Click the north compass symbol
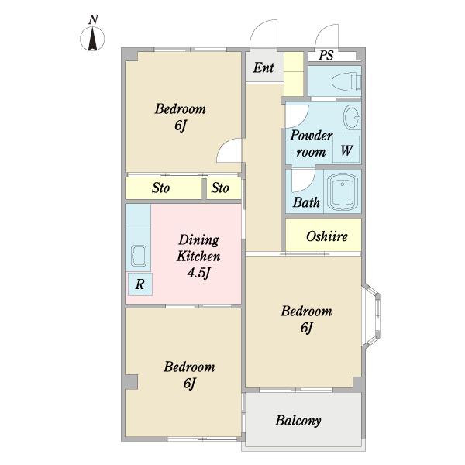coord(92,39)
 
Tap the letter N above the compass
coord(93,19)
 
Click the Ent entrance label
coord(263,67)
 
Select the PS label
coord(326,55)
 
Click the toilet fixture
coord(346,81)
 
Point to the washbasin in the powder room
coord(352,118)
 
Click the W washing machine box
coord(346,150)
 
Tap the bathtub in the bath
coord(343,191)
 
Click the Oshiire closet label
coord(327,236)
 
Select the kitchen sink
coord(138,256)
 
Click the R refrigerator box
coord(140,284)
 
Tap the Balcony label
coord(298,421)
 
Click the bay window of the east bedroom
coord(371,316)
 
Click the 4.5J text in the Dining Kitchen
coord(198,273)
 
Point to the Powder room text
coord(311,143)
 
